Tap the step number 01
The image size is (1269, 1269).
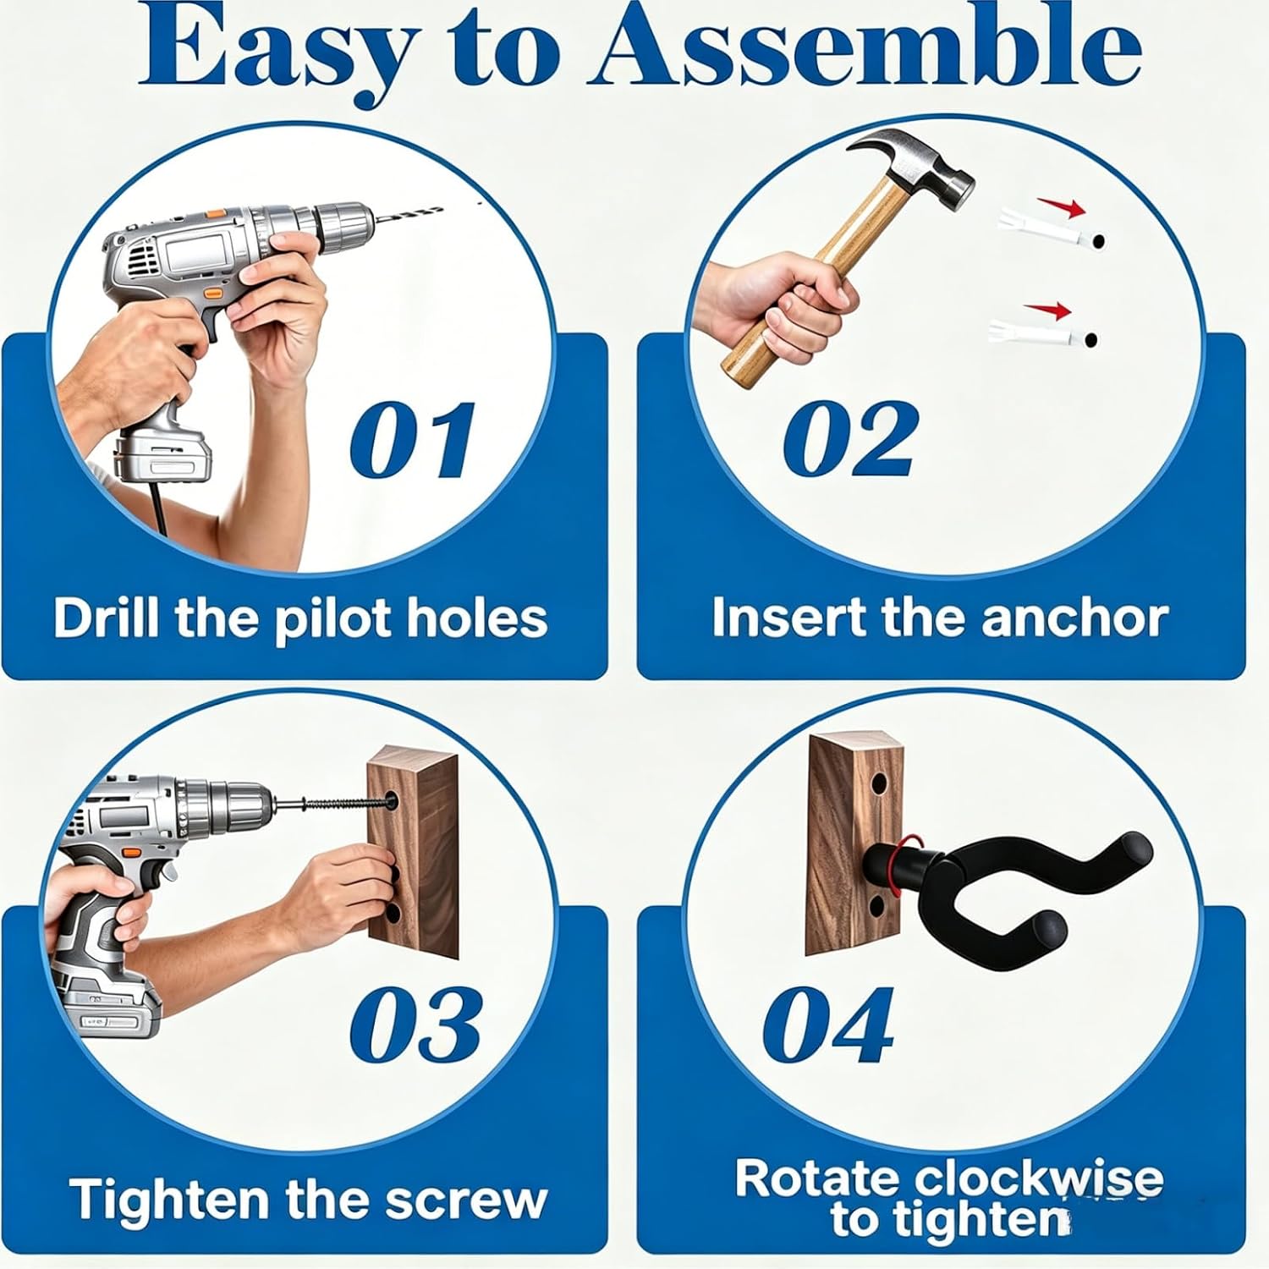412,441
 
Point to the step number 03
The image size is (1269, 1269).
415,1024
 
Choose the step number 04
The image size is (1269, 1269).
827,1025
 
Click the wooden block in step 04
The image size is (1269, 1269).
854,846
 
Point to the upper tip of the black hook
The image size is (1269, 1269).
1133,846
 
